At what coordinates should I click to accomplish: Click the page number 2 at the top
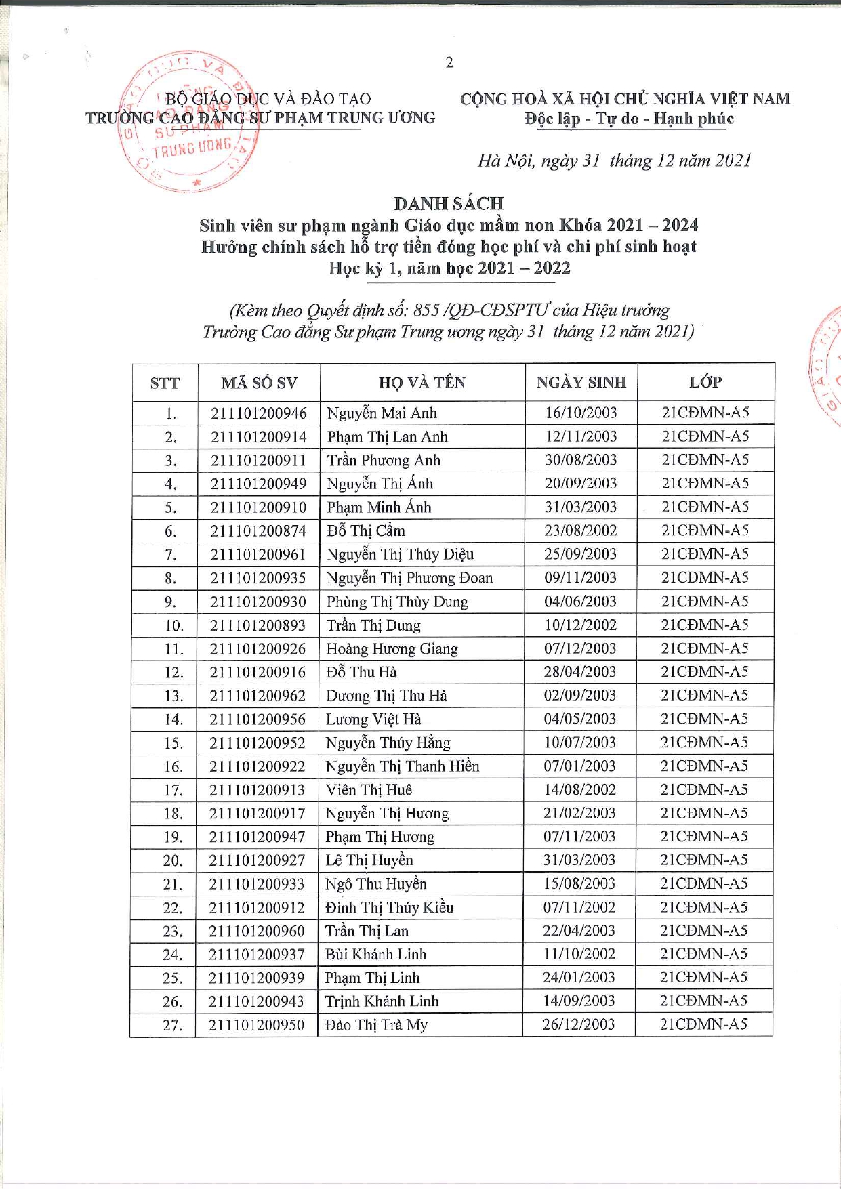pos(449,63)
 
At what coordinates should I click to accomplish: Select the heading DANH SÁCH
pos(449,203)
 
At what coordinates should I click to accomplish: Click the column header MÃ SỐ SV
pos(259,383)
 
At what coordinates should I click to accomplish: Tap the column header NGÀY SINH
pos(581,382)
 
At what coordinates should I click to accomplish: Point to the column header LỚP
pos(705,382)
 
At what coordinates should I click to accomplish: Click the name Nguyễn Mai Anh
pos(382,413)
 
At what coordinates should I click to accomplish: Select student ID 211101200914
pos(258,437)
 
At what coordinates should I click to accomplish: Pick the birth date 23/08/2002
pos(580,530)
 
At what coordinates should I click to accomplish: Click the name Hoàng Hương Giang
pos(392,649)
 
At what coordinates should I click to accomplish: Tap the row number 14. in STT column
pos(173,719)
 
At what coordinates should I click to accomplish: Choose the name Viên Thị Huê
pos(369,790)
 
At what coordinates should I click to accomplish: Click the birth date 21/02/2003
pos(579,813)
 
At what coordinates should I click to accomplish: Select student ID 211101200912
pos(257,908)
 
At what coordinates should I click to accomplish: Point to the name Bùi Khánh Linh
pos(375,955)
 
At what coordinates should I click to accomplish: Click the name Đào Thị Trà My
pos(376,1025)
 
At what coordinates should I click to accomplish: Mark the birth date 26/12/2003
pos(578,1024)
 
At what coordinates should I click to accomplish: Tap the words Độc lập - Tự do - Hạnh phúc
pos(628,119)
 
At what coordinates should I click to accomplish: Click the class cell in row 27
pos(703,1024)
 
